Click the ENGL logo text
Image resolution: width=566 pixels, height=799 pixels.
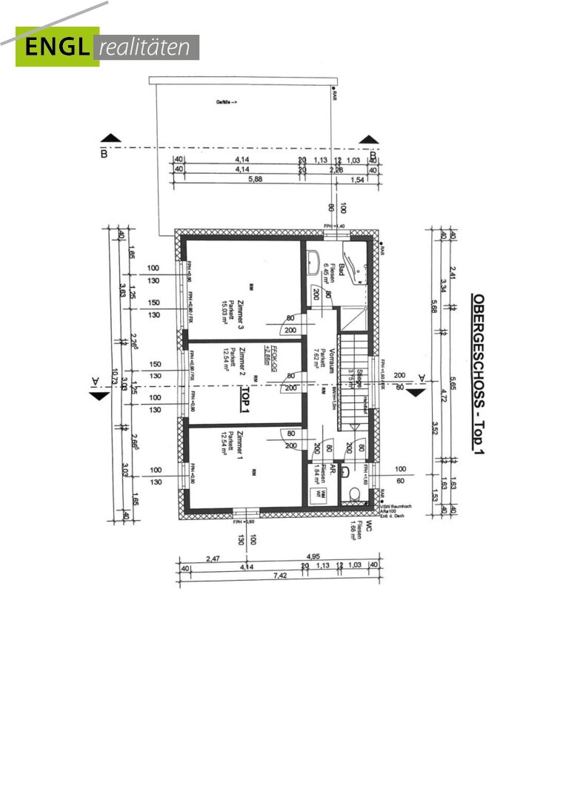[x=56, y=47]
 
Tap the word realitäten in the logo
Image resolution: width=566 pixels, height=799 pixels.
[x=147, y=47]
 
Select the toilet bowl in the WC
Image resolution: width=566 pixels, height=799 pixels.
[x=356, y=494]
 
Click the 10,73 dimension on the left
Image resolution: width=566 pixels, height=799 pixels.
[x=113, y=377]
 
